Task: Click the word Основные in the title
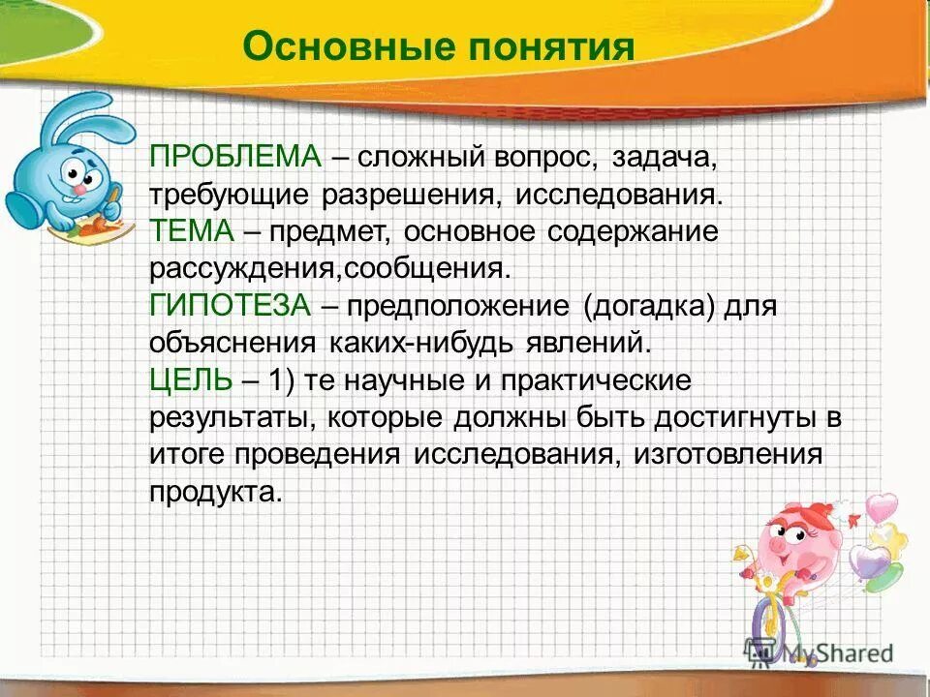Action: click(329, 46)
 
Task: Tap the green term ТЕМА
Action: click(192, 231)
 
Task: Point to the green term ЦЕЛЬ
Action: click(191, 380)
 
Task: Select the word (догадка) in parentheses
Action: click(648, 306)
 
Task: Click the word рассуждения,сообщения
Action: click(327, 268)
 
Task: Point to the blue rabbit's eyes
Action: click(79, 174)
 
